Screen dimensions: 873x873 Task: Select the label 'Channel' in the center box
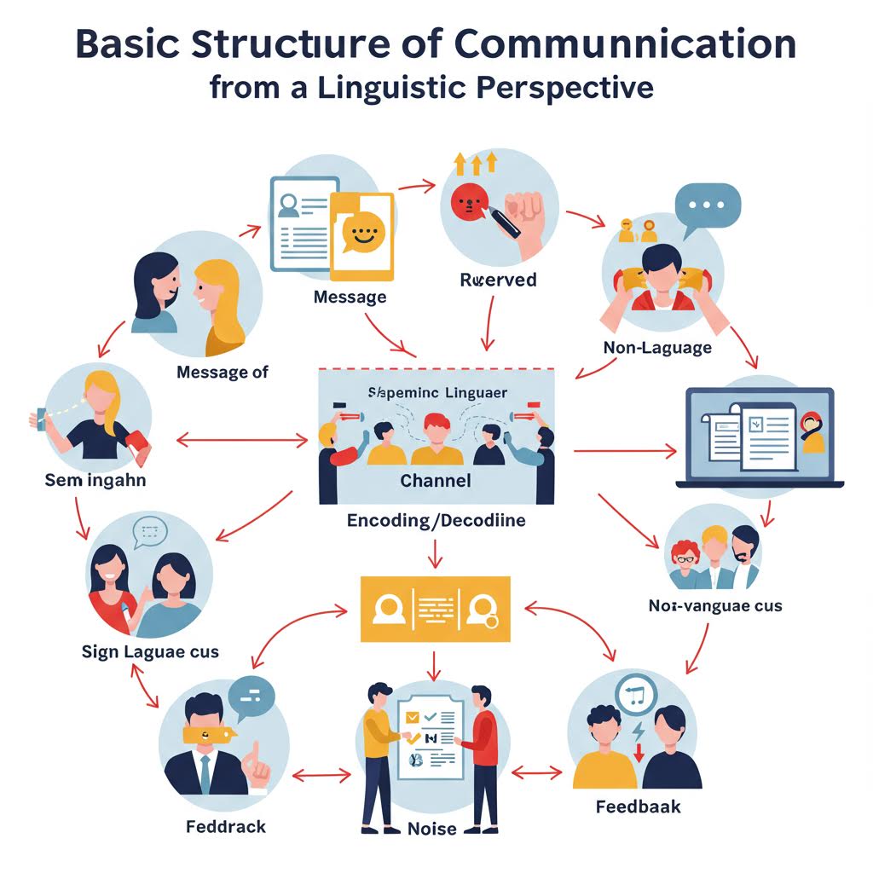[435, 480]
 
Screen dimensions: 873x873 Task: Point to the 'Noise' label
[432, 829]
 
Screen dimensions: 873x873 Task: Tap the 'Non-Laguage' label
[657, 348]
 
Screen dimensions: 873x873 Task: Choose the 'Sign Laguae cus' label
[150, 652]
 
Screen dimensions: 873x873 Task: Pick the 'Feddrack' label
[225, 826]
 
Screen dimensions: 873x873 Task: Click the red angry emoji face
[465, 202]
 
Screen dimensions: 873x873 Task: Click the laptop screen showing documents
[760, 435]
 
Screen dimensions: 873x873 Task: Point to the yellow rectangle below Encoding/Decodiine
[435, 609]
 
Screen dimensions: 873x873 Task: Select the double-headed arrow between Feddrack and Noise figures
[321, 775]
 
